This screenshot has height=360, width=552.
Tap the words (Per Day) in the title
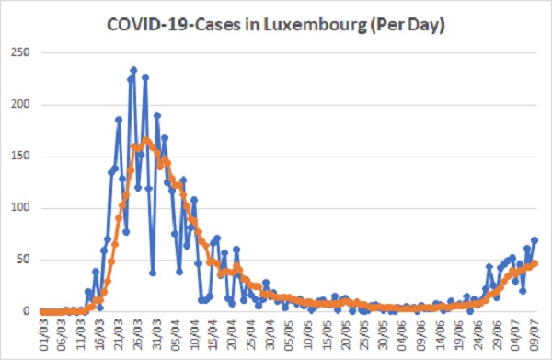(x=408, y=26)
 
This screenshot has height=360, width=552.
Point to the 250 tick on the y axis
(x=21, y=52)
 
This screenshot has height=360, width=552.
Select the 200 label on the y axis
(x=21, y=105)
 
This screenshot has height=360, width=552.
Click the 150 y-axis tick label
(x=21, y=157)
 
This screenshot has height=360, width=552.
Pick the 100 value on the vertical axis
(x=21, y=208)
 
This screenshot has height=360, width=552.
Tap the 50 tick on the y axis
(x=24, y=260)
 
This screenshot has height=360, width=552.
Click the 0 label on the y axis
(x=27, y=311)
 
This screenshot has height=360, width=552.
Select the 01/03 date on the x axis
(x=43, y=335)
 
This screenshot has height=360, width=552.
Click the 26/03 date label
(x=138, y=335)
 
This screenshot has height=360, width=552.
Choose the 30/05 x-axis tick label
(x=384, y=335)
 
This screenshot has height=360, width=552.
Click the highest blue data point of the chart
(x=133, y=70)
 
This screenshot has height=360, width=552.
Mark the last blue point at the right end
(x=535, y=240)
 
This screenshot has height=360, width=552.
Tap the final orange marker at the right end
(x=535, y=263)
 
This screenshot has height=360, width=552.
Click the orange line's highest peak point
(x=145, y=140)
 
